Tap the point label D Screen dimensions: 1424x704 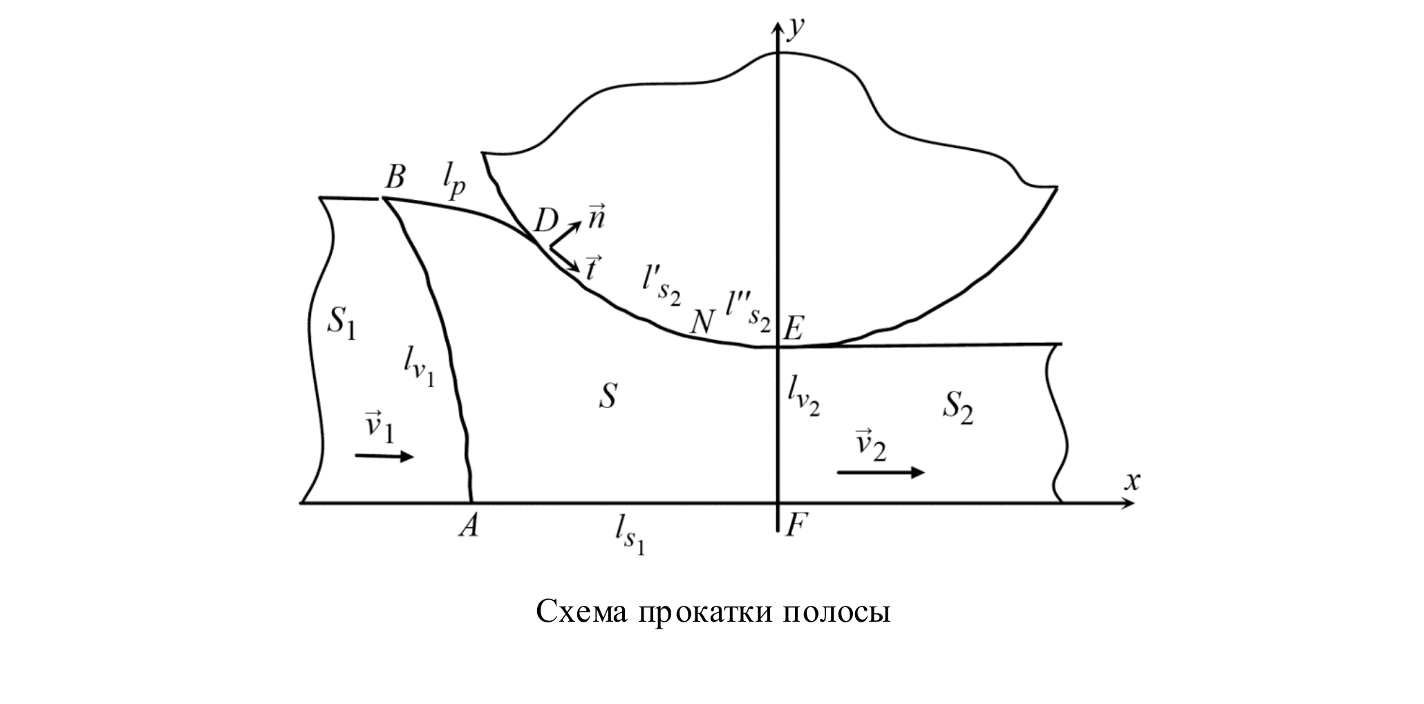tap(546, 221)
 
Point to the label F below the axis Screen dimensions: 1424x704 tap(795, 526)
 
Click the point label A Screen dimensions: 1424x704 tap(469, 527)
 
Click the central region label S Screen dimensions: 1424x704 tap(607, 397)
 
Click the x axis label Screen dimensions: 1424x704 tap(1131, 481)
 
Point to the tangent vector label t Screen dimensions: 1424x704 tap(592, 268)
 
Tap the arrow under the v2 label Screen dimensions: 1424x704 tap(881, 472)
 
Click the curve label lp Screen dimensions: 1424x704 tap(453, 183)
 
